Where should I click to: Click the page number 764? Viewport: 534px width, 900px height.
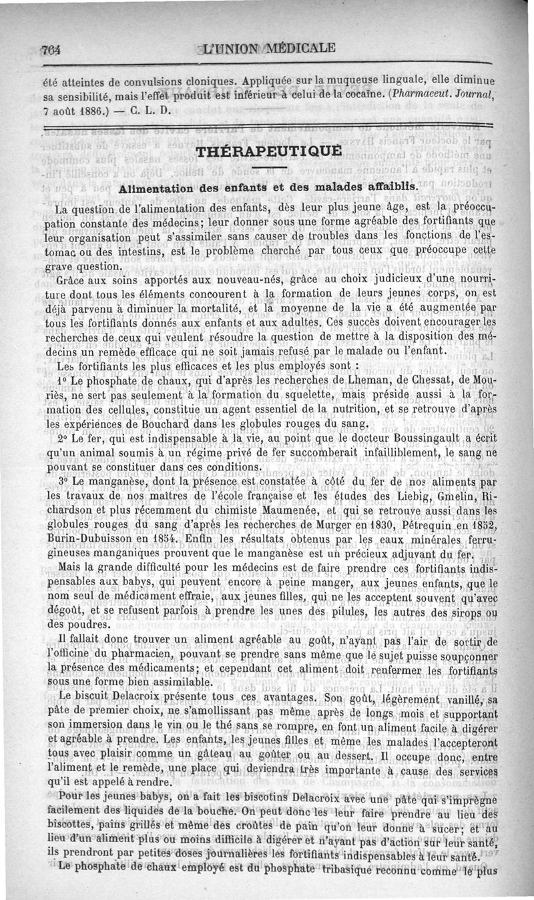[x=51, y=49]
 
